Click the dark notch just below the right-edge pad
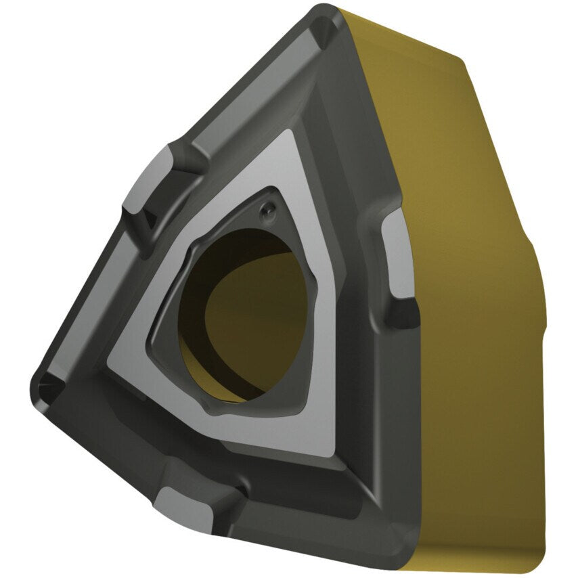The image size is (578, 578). [x=404, y=315]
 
